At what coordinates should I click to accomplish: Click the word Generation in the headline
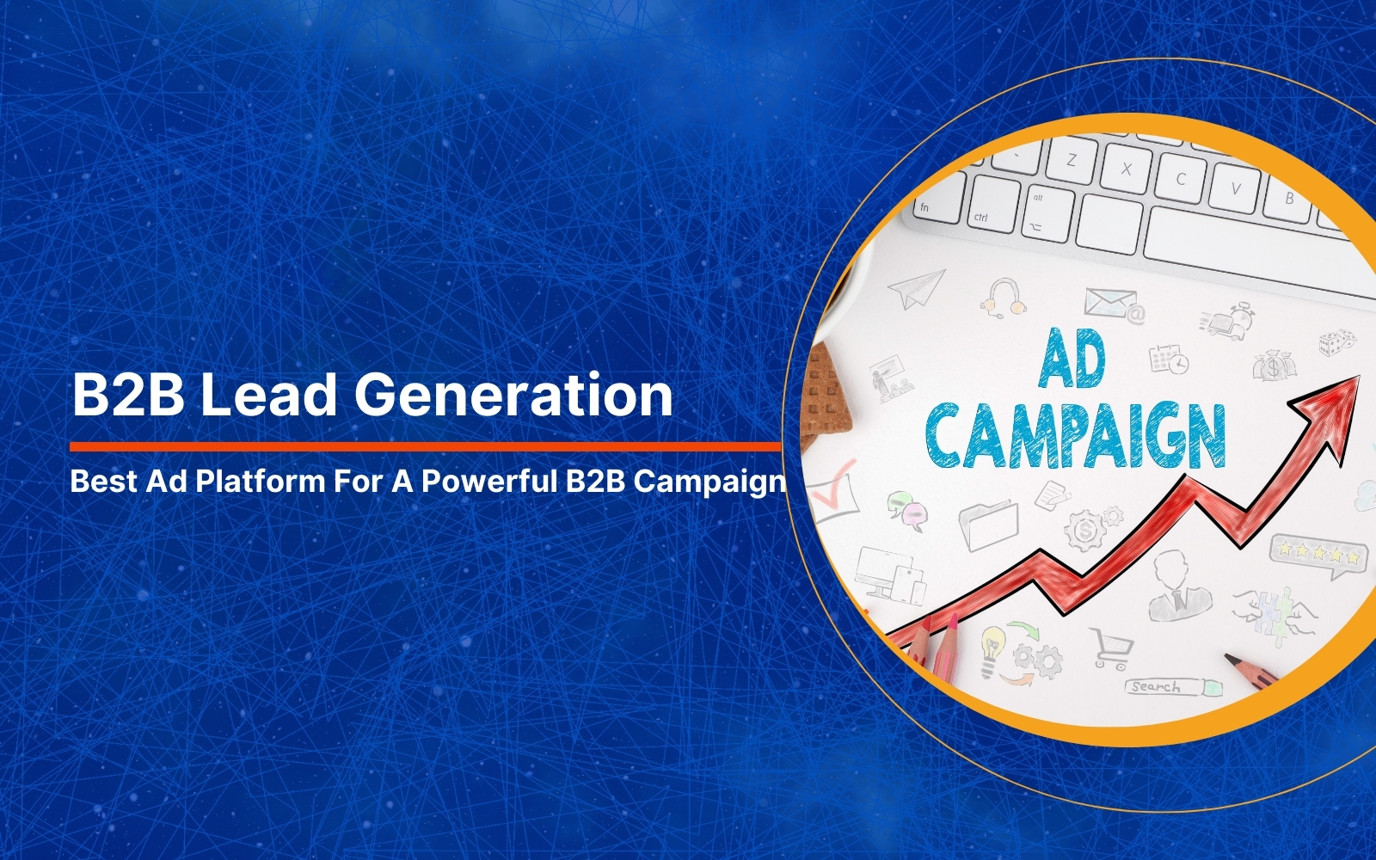(x=513, y=395)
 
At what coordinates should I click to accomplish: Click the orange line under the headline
(x=425, y=446)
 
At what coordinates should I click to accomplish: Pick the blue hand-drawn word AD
(x=1072, y=359)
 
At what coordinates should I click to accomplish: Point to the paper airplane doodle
(x=916, y=288)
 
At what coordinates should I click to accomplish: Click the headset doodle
(x=1004, y=298)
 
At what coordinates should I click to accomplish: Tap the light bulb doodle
(x=991, y=650)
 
